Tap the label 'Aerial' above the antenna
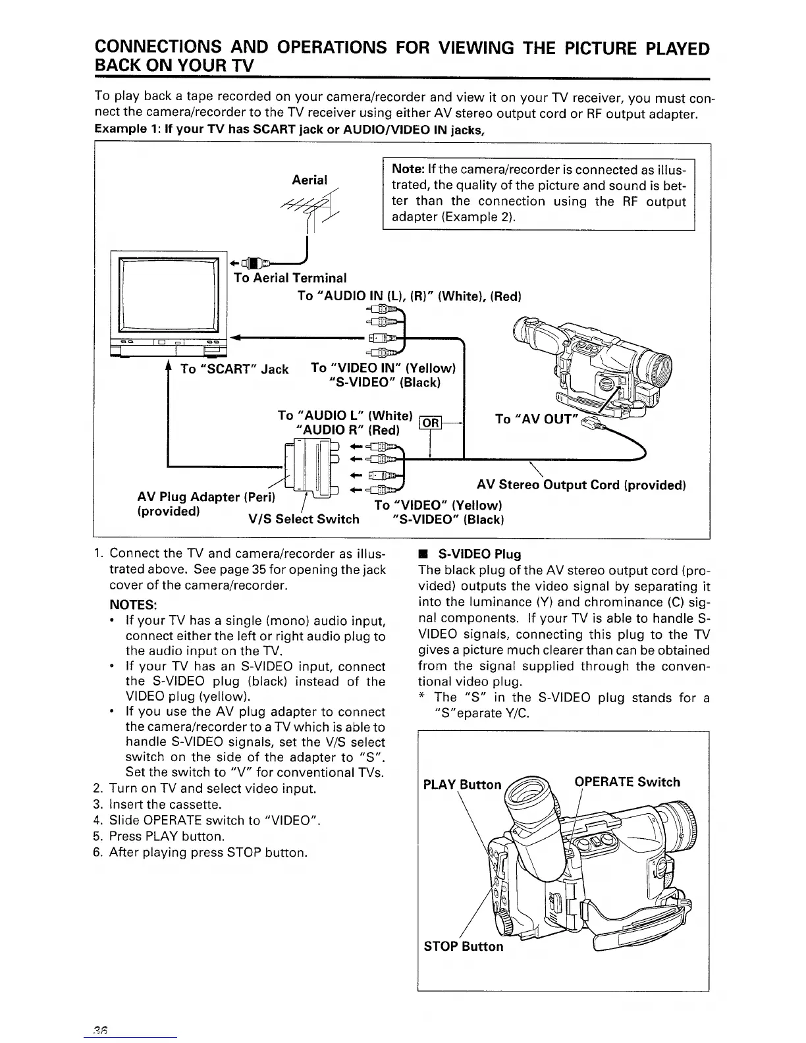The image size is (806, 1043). (309, 180)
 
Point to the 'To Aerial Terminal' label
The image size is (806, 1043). (290, 278)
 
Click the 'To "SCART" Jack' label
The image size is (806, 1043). (234, 369)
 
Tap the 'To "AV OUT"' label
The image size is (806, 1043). (535, 419)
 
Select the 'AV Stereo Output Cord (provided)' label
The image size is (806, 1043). (581, 485)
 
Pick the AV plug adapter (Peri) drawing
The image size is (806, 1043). (309, 468)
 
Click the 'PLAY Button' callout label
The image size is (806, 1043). (462, 784)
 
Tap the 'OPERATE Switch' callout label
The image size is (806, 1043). (627, 782)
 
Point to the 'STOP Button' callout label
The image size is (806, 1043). (463, 946)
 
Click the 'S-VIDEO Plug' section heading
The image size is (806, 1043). (479, 554)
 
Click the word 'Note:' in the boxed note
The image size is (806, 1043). (409, 170)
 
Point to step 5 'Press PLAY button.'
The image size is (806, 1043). (167, 836)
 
